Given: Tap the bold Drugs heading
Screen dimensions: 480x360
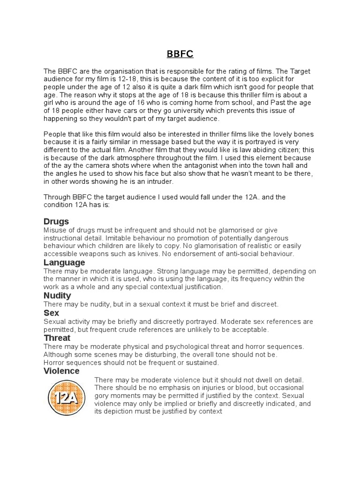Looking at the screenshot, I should [56, 221].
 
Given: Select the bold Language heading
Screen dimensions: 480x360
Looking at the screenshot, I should [64, 262].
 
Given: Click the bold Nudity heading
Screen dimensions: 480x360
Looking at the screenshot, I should [57, 296].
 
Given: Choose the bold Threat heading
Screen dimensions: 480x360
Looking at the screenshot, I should [57, 338].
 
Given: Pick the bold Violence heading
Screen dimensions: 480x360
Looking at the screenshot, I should [61, 371].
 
